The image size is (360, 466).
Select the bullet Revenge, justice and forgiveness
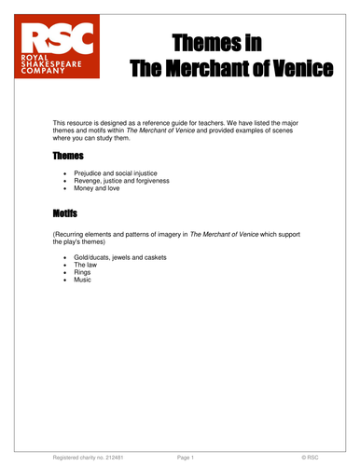(x=127, y=181)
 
